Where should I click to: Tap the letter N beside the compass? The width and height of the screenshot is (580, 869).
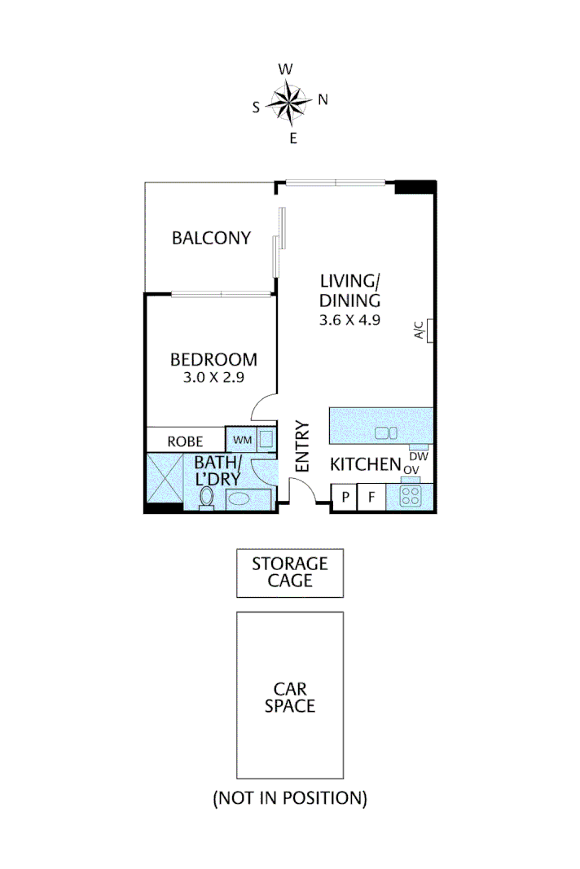[323, 99]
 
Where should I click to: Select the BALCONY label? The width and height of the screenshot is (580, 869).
[211, 238]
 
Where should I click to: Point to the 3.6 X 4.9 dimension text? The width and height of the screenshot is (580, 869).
[350, 320]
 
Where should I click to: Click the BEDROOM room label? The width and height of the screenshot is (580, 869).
[213, 359]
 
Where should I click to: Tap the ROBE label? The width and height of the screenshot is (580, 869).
[185, 441]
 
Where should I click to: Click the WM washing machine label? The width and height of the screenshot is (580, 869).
[243, 440]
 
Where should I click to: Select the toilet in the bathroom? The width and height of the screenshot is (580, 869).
[207, 496]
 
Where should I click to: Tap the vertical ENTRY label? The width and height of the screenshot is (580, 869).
[303, 446]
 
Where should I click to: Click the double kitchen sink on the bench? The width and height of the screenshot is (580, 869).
[385, 434]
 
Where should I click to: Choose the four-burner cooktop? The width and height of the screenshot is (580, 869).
[411, 495]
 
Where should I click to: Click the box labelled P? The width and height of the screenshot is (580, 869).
[345, 497]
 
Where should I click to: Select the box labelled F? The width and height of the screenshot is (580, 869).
[371, 497]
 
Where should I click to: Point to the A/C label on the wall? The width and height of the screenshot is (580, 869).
[420, 330]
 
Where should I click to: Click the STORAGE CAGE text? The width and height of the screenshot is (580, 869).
[290, 572]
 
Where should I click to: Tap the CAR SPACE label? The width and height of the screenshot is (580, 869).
[290, 698]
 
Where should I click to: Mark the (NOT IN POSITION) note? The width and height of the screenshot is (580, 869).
[290, 798]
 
